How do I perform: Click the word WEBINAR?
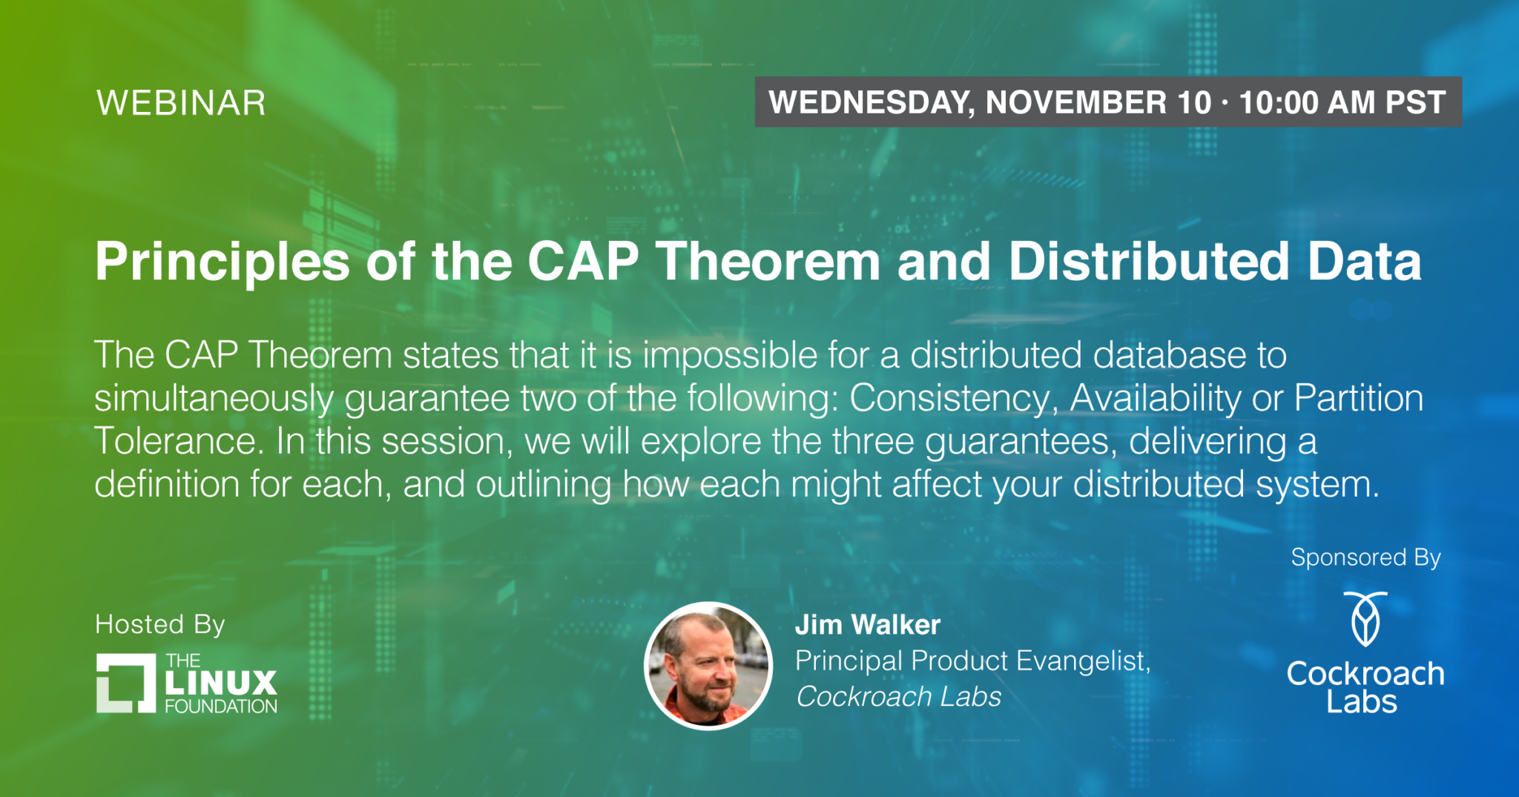pos(181,103)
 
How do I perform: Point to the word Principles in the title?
pos(223,263)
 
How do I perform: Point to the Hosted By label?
pos(160,625)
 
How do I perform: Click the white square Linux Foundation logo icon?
pos(126,683)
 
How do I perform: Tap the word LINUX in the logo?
pos(221,682)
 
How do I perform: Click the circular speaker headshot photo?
pos(708,666)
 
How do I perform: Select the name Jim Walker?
pos(868,625)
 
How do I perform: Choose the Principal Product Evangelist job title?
pos(972,661)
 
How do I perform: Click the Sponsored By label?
pos(1365,558)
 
